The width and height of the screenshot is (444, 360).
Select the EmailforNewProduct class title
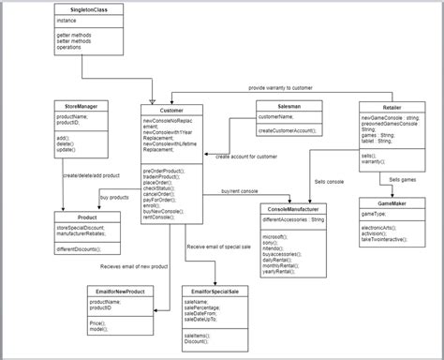[x=113, y=292]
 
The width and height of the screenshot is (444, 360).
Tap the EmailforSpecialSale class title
[x=215, y=292]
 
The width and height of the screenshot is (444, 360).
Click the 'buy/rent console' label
[x=239, y=192]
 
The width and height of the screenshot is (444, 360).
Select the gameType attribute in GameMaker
[x=374, y=214]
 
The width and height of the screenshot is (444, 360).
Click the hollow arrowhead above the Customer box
[x=153, y=100]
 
